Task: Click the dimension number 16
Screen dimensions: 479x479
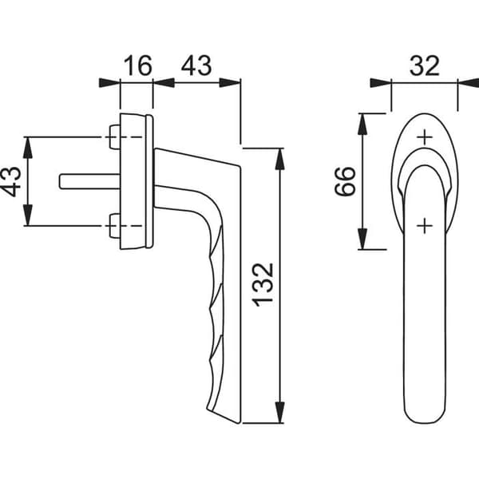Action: pyautogui.click(x=138, y=65)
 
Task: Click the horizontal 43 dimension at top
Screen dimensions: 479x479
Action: pyautogui.click(x=196, y=65)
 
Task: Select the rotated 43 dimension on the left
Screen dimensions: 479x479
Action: pyautogui.click(x=11, y=181)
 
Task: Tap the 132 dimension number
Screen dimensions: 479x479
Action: pyautogui.click(x=263, y=285)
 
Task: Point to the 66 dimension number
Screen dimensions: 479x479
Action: pyautogui.click(x=345, y=181)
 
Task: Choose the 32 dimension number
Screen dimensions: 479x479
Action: pyautogui.click(x=425, y=65)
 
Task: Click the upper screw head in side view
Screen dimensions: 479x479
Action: pyautogui.click(x=115, y=137)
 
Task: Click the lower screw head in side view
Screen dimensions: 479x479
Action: pyautogui.click(x=115, y=226)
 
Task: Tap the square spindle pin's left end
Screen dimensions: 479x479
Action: pyautogui.click(x=60, y=181)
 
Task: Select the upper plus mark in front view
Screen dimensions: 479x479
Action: pyautogui.click(x=425, y=137)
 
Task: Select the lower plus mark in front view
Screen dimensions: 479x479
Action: pyautogui.click(x=425, y=226)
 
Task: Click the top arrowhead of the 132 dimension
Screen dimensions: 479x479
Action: pyautogui.click(x=280, y=159)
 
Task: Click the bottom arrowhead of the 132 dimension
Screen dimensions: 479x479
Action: pyautogui.click(x=280, y=413)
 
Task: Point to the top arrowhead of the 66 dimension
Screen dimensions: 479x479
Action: pyautogui.click(x=362, y=124)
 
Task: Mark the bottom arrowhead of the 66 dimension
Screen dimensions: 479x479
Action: pyautogui.click(x=362, y=239)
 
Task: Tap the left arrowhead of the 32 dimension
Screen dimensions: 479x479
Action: pyautogui.click(x=381, y=83)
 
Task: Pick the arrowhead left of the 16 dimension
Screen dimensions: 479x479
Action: pyautogui.click(x=109, y=83)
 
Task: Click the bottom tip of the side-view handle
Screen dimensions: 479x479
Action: pyautogui.click(x=238, y=423)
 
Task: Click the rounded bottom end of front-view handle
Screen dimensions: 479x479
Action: pyautogui.click(x=425, y=422)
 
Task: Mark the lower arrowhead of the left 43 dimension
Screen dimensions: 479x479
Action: pyautogui.click(x=28, y=215)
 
